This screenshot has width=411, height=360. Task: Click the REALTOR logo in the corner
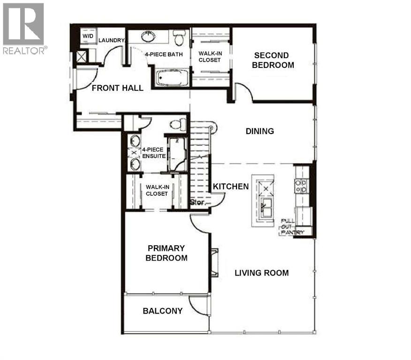[23, 28]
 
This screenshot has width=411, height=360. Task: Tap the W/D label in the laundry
[88, 36]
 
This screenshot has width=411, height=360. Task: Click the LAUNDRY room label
[111, 41]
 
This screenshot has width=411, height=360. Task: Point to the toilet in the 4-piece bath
[178, 37]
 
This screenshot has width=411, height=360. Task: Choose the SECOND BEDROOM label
[273, 60]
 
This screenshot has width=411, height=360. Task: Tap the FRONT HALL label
[117, 88]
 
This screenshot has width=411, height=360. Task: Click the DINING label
[259, 131]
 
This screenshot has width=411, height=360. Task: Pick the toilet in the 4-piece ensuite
[177, 124]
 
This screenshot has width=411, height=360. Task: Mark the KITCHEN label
[231, 187]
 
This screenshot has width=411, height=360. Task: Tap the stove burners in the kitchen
[301, 186]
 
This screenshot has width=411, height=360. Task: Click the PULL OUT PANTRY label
[292, 226]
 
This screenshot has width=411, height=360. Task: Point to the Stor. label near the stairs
[197, 202]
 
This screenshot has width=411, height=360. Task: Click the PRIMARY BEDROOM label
[166, 253]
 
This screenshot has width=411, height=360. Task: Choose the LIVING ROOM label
[261, 273]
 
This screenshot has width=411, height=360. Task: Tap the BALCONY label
[162, 311]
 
